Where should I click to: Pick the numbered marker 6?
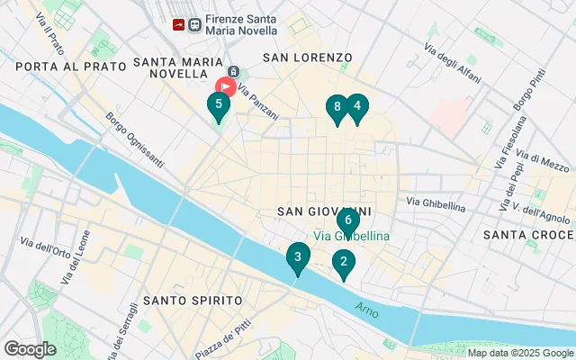tap(348, 220)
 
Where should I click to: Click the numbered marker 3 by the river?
tap(298, 257)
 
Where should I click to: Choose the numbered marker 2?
tap(342, 263)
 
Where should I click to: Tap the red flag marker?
tap(224, 87)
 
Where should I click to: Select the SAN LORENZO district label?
tap(307, 58)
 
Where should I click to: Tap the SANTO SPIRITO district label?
tap(193, 300)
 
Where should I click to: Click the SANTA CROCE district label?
tap(526, 235)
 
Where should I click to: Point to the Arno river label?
tap(366, 308)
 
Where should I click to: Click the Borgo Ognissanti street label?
tap(135, 139)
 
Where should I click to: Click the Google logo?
tap(30, 348)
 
